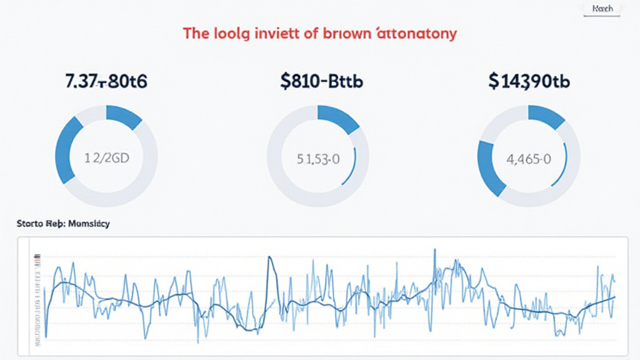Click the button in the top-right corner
(x=602, y=9)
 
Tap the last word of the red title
(x=417, y=34)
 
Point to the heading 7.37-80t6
(x=106, y=82)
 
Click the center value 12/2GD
(x=107, y=157)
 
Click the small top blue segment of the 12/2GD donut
(x=124, y=116)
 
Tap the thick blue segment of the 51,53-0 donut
(x=338, y=118)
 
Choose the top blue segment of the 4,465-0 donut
(x=547, y=117)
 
